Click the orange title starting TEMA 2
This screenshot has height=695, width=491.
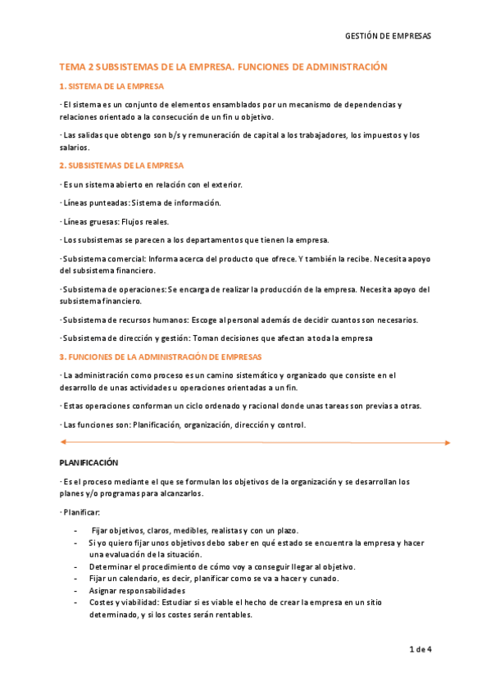tap(223, 67)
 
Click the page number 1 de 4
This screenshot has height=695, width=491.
tap(420, 650)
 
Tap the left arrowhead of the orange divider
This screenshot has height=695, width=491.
tap(63, 443)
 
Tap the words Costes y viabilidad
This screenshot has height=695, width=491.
tap(125, 602)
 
